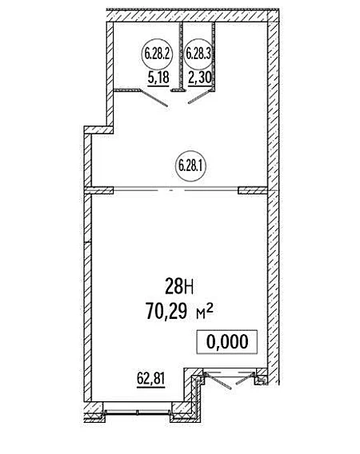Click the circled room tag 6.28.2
pyautogui.click(x=157, y=54)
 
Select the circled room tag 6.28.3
pyautogui.click(x=198, y=54)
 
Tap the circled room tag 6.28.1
pyautogui.click(x=190, y=166)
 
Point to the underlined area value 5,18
pyautogui.click(x=158, y=79)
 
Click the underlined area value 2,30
pyautogui.click(x=200, y=79)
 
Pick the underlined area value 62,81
pyautogui.click(x=150, y=380)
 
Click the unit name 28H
pyautogui.click(x=179, y=285)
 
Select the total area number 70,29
pyautogui.click(x=166, y=311)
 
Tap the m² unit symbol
pyautogui.click(x=205, y=312)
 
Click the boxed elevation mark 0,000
pyautogui.click(x=227, y=341)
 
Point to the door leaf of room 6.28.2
pyautogui.click(x=154, y=98)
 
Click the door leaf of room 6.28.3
pyautogui.click(x=199, y=97)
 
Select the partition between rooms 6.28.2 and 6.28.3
pyautogui.click(x=182, y=57)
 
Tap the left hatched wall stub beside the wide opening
pyautogui.click(x=98, y=190)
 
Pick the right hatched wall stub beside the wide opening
pyautogui.click(x=253, y=190)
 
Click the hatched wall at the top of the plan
pyautogui.click(x=193, y=16)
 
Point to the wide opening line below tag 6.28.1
pyautogui.click(x=176, y=190)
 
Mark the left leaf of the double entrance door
pyautogui.click(x=218, y=381)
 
